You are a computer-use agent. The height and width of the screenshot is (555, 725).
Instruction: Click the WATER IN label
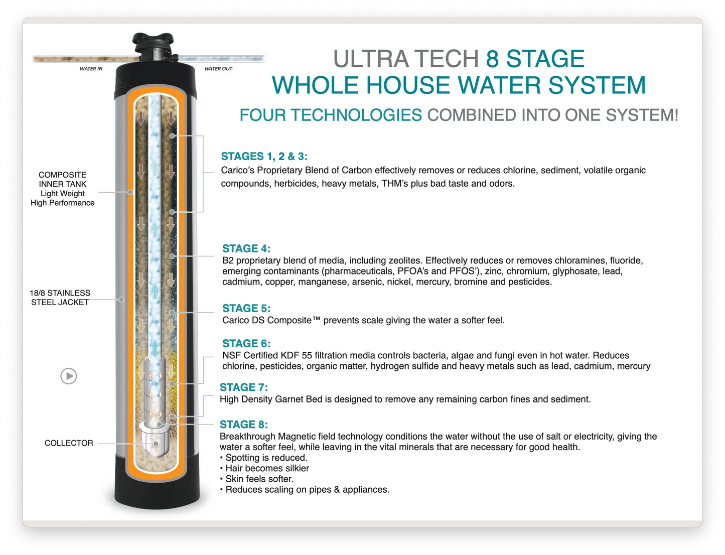(91, 69)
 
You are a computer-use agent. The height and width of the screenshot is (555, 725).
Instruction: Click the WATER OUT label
(218, 69)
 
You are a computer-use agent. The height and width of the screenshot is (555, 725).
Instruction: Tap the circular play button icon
(69, 376)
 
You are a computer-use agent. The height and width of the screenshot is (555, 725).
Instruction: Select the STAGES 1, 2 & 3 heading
(264, 156)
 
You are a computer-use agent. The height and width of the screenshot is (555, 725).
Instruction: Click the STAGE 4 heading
(246, 248)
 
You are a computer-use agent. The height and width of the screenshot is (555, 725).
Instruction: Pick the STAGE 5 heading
(246, 308)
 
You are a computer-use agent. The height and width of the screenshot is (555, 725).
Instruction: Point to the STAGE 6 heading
(246, 343)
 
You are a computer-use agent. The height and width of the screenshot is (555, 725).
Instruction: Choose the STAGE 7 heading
(244, 387)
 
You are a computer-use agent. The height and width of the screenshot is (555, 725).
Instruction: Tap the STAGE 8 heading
(244, 424)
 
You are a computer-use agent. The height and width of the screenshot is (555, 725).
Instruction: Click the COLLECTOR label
(69, 443)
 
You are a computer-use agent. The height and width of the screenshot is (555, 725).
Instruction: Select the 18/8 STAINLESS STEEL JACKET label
(60, 298)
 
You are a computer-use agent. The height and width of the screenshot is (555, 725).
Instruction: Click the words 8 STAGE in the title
(535, 59)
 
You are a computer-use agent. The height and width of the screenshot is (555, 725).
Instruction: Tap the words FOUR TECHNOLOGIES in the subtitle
(331, 115)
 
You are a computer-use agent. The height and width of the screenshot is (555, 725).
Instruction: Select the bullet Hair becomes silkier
(267, 468)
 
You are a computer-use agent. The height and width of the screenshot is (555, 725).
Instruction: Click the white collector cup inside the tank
(156, 439)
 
